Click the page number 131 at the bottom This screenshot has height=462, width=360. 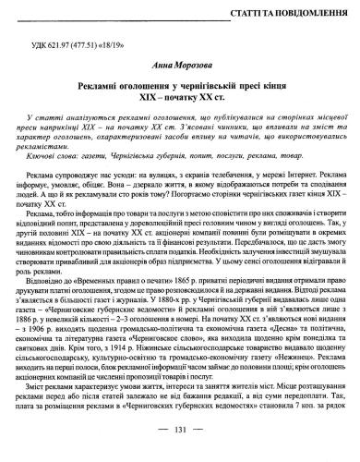(x=181, y=453)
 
